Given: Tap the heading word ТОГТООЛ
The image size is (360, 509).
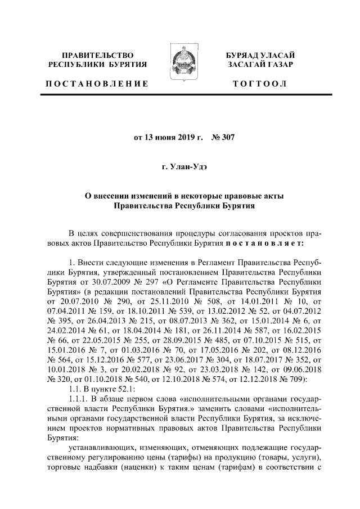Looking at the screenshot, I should click(261, 84).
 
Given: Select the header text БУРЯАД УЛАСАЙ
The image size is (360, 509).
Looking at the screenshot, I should click(261, 55).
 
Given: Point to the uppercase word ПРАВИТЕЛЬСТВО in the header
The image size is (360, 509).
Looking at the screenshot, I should click(97, 55).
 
